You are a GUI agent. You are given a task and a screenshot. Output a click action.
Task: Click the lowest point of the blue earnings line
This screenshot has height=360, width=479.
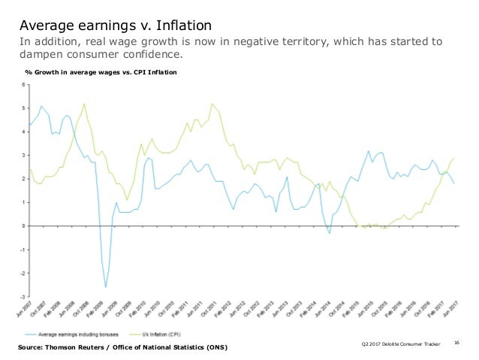click(106, 287)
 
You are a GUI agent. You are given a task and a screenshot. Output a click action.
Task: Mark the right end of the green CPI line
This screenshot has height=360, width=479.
click(454, 158)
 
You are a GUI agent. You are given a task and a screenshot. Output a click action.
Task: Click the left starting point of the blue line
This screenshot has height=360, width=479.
click(29, 124)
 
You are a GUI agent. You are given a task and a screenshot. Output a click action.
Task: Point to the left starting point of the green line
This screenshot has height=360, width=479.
click(29, 169)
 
